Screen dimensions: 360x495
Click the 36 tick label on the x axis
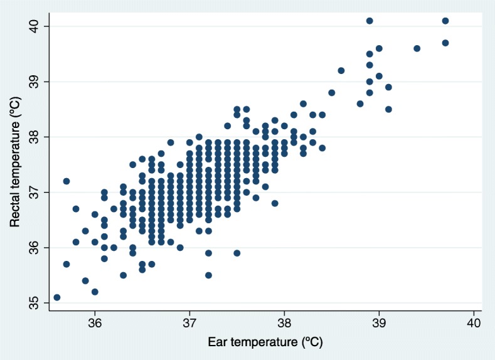[95, 323]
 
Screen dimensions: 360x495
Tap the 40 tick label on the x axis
[474, 323]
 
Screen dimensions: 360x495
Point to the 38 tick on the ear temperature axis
[284, 312]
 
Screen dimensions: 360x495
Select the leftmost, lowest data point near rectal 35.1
[57, 297]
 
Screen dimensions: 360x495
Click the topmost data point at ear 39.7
[445, 21]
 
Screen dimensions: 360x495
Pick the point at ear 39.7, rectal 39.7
[445, 43]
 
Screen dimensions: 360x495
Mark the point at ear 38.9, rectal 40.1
[370, 21]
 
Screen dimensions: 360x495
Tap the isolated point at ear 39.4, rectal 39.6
[417, 48]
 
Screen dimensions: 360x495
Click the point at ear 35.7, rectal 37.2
[67, 181]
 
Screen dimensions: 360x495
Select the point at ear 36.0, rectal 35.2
[95, 292]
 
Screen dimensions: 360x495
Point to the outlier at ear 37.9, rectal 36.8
[275, 203]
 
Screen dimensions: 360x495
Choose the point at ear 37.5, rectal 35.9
[237, 253]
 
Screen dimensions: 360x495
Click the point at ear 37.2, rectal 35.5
[208, 275]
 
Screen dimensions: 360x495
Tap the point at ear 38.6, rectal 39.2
[341, 70]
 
